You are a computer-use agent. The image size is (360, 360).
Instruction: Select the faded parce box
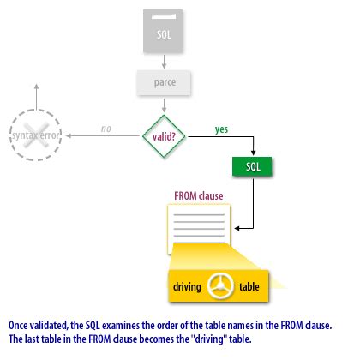point(165,82)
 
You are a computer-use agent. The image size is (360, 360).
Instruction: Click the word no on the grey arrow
point(106,129)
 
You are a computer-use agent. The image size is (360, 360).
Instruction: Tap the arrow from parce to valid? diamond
point(165,105)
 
